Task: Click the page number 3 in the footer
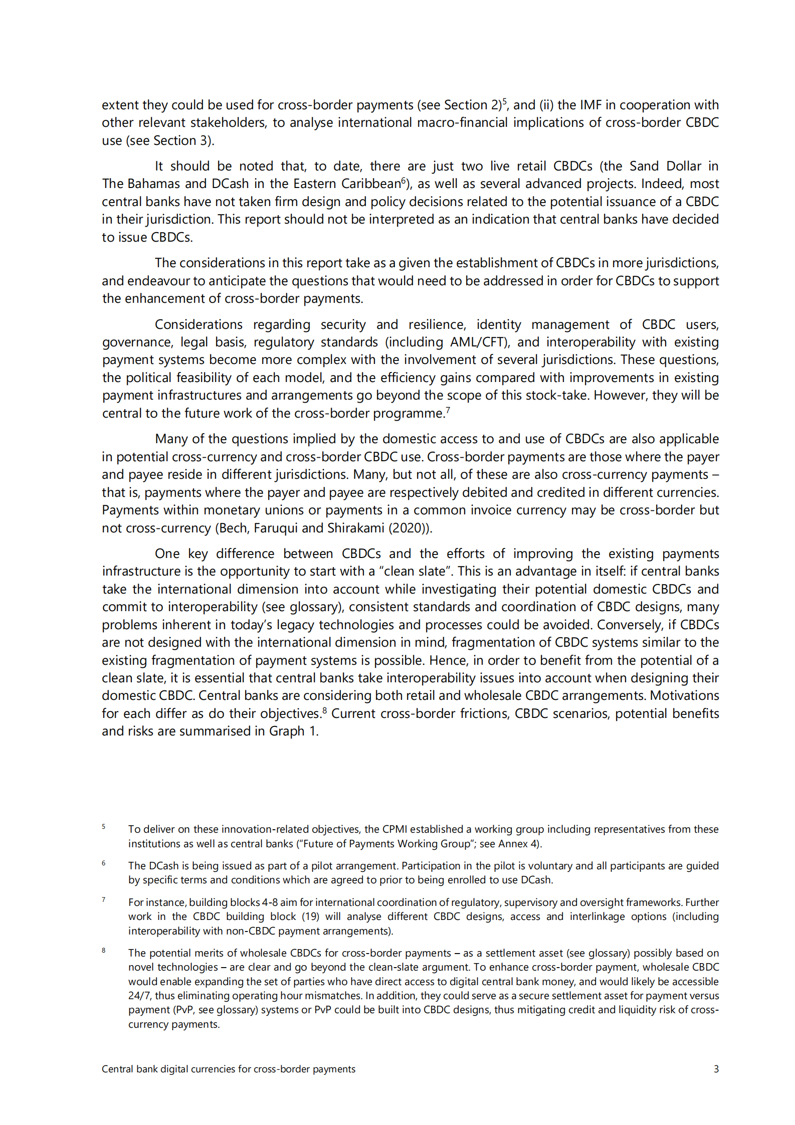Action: pyautogui.click(x=716, y=1069)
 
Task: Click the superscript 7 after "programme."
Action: pyautogui.click(x=448, y=410)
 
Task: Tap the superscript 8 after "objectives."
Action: pyautogui.click(x=325, y=710)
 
